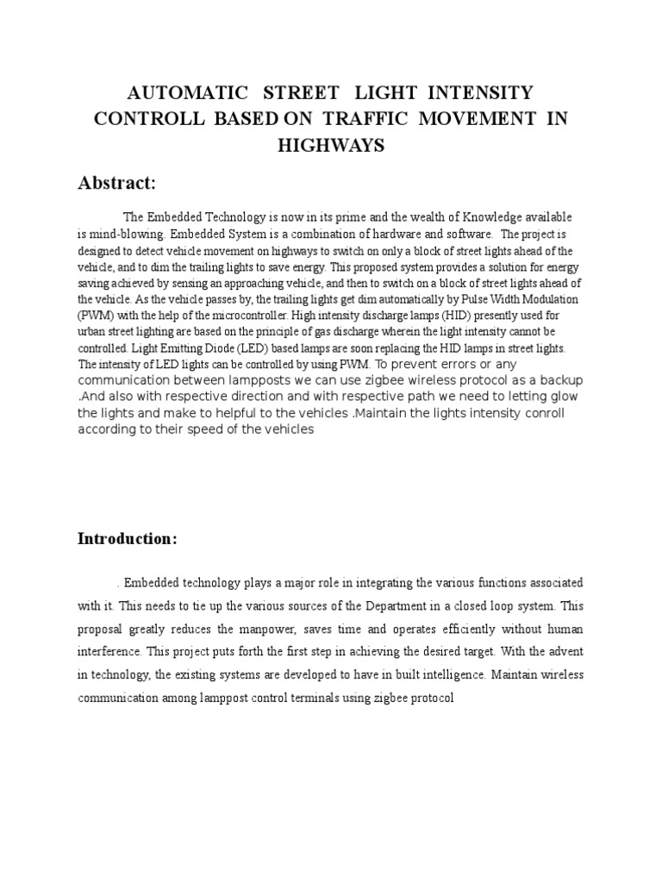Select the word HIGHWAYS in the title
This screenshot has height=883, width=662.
[330, 146]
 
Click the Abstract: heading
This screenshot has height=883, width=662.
[116, 183]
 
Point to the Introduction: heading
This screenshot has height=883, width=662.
[128, 539]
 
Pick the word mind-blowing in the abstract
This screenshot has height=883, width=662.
[128, 234]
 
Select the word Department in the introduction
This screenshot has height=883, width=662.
[375, 605]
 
